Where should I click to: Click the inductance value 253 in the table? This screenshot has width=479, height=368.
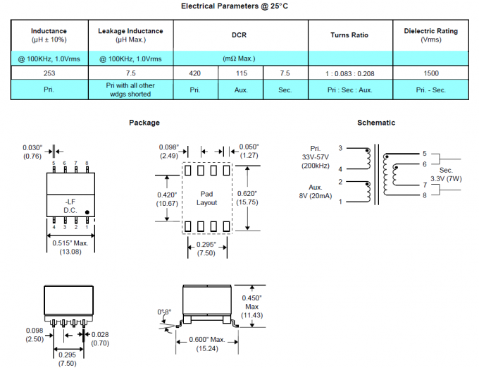click(49, 73)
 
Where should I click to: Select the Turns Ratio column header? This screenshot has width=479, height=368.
click(349, 35)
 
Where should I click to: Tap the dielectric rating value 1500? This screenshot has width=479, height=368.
click(430, 73)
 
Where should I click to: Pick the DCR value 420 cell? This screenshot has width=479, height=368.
click(195, 73)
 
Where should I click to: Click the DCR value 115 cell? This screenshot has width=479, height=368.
click(240, 73)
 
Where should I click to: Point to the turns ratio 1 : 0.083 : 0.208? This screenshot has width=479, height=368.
click(349, 73)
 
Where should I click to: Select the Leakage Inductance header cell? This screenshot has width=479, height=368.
click(130, 35)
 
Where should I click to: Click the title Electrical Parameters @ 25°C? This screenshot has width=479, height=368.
click(239, 6)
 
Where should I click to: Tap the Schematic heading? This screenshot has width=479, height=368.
click(376, 123)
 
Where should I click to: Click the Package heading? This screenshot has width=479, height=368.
click(144, 123)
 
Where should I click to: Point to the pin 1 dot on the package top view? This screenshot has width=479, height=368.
click(87, 211)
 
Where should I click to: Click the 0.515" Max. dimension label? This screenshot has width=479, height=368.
click(70, 243)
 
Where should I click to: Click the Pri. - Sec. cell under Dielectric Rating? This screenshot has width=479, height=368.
click(430, 90)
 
